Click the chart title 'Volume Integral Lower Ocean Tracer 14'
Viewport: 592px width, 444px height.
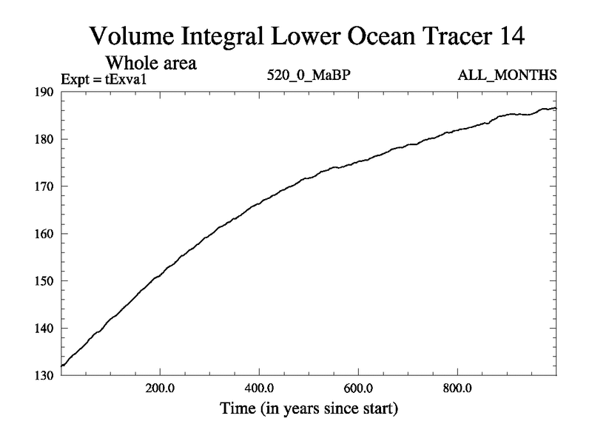310,35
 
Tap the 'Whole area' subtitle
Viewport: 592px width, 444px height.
151,63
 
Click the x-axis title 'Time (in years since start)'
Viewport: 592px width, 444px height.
308,408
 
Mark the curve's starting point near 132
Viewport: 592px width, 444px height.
62,366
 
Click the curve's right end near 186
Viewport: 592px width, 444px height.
555,109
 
